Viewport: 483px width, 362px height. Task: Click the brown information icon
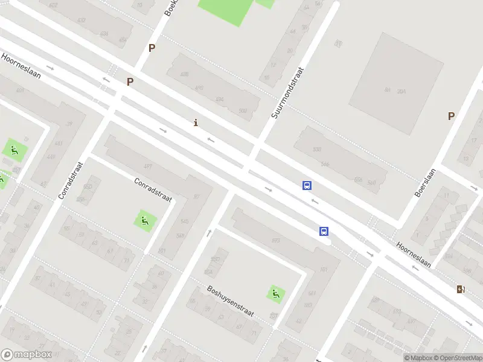click(x=195, y=123)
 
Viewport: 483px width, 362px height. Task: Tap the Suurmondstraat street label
click(x=287, y=93)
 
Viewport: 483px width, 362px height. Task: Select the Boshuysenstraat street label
click(x=230, y=302)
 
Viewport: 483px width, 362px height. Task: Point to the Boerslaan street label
click(x=425, y=183)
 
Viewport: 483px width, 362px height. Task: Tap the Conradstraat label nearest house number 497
click(x=153, y=189)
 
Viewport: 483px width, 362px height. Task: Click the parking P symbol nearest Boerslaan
click(x=450, y=116)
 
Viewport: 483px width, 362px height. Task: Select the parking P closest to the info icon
click(x=130, y=81)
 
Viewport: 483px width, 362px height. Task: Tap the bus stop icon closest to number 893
click(x=324, y=231)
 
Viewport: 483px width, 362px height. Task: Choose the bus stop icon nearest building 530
click(x=307, y=186)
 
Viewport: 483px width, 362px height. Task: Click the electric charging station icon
click(x=461, y=290)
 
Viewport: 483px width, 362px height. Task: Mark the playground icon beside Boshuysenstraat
click(x=276, y=294)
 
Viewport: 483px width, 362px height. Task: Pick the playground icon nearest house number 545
click(x=144, y=221)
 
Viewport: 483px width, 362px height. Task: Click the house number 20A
click(x=401, y=91)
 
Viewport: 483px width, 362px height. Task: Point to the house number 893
click(x=276, y=241)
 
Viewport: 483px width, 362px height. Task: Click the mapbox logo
click(x=25, y=355)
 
